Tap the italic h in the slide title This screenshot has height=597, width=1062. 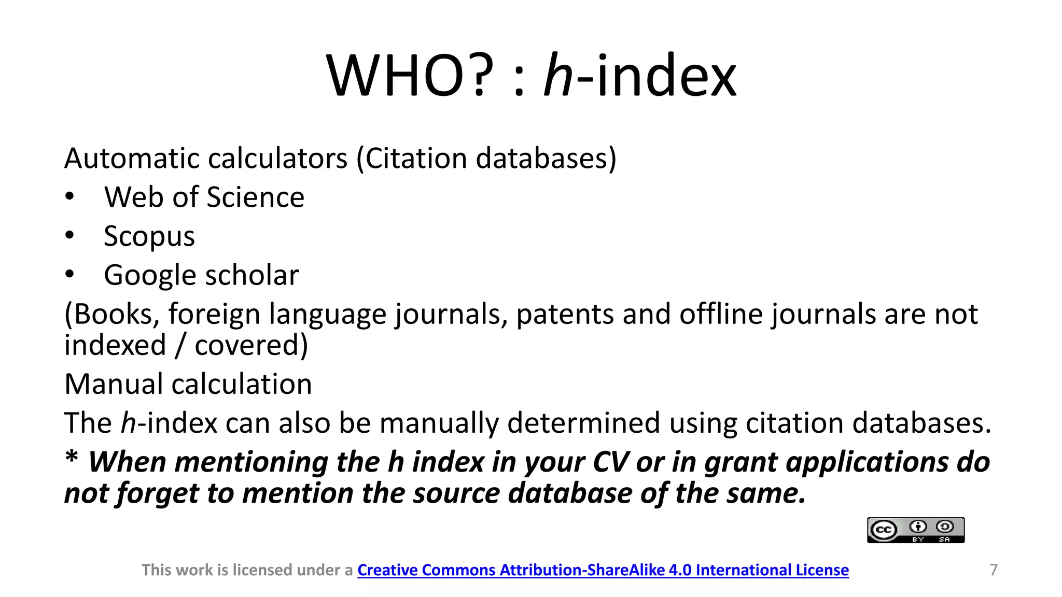[558, 76]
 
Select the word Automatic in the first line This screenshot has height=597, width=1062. [132, 158]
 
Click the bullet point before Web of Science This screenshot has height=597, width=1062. [70, 197]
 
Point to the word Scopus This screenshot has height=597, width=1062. [149, 236]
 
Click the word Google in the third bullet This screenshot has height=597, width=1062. [151, 275]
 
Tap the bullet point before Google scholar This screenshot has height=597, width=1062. [70, 275]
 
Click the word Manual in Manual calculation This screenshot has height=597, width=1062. [114, 384]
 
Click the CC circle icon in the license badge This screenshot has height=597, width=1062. [883, 530]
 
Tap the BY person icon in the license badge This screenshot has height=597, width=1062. [918, 527]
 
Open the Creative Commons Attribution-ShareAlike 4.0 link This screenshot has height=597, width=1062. [603, 570]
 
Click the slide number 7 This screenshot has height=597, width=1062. [994, 570]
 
